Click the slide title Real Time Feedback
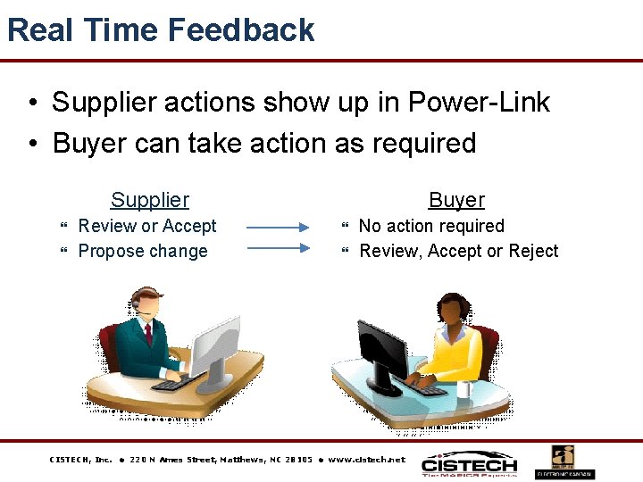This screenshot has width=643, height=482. click(x=161, y=30)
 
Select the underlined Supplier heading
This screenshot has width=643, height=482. click(x=150, y=201)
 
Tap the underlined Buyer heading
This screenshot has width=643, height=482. click(x=456, y=201)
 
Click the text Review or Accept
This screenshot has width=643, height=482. click(x=147, y=227)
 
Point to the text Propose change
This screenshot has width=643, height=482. click(x=143, y=252)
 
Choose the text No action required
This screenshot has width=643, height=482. click(x=431, y=227)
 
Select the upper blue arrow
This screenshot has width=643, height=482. click(x=277, y=229)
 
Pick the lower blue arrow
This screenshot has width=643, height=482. click(x=277, y=249)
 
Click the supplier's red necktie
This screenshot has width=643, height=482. click(x=148, y=334)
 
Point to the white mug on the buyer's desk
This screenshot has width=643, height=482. click(x=464, y=387)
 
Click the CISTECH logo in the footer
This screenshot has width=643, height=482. click(x=469, y=464)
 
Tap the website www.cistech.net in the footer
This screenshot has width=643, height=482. click(x=366, y=460)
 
